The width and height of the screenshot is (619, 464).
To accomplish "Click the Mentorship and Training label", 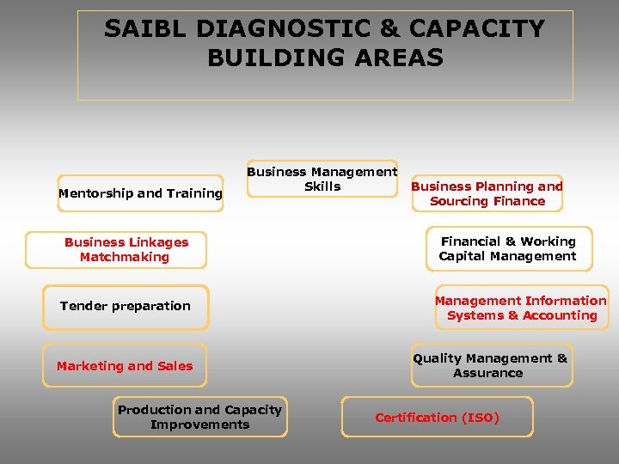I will point(140,193).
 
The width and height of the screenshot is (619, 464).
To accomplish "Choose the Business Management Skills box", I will point(322,180).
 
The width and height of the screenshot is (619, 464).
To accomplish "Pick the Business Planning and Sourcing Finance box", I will point(487,193).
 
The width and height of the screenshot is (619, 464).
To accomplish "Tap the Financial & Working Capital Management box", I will point(507,249).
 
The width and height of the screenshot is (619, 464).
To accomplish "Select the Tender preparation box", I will point(126,307).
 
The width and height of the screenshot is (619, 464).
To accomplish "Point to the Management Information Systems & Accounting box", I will point(521,308).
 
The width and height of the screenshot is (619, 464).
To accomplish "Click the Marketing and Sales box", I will point(125,366).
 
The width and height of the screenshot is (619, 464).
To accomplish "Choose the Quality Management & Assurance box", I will point(490,365).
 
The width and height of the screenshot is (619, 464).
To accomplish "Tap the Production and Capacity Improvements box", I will point(199,417).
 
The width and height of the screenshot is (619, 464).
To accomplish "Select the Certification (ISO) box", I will point(437,418).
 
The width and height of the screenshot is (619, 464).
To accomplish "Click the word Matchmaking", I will point(125,257).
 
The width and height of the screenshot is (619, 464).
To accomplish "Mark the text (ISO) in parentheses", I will point(480,418).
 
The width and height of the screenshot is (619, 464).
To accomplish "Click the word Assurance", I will point(488,373).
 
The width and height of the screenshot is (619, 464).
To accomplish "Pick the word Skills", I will point(322,186).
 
